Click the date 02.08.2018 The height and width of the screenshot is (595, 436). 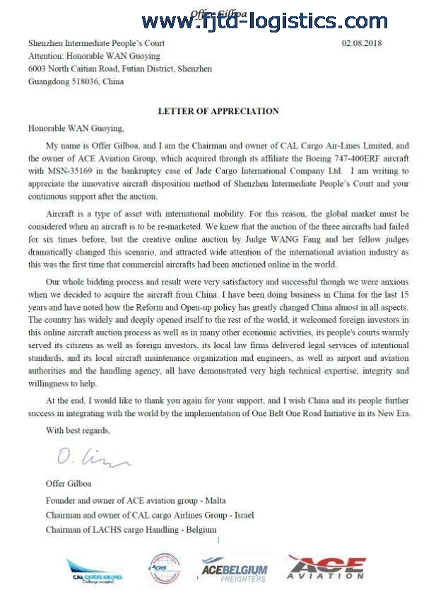pos(362,44)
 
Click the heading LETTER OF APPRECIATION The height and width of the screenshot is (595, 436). pos(218,111)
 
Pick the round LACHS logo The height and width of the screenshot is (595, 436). pos(164,568)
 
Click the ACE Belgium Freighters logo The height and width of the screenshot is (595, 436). pos(234,568)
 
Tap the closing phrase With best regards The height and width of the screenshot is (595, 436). pos(78,429)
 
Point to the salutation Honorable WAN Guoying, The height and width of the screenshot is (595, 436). pos(76,129)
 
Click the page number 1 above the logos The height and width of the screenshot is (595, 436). pos(219,541)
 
